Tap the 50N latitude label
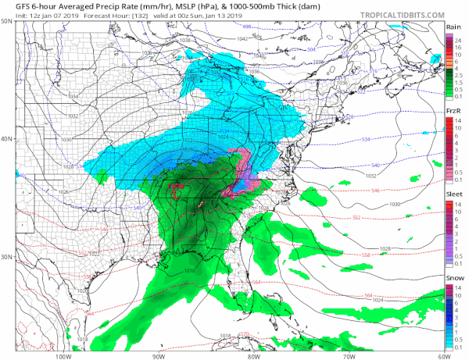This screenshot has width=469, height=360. pyautogui.click(x=7, y=20)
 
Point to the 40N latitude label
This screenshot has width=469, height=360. pyautogui.click(x=7, y=139)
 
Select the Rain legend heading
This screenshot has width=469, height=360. pyautogui.click(x=452, y=26)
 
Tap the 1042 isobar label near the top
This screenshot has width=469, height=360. pyautogui.click(x=242, y=37)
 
